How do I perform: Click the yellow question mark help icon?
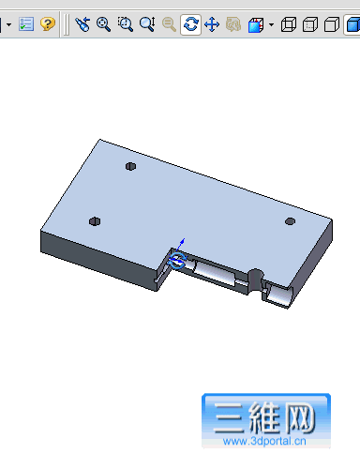coord(48,23)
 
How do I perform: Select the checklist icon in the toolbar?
coord(26,24)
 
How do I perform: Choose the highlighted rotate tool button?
coord(190,24)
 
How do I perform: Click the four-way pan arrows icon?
coord(212,24)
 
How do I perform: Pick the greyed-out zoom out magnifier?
coord(169,24)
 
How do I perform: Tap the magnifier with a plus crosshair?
coord(103,24)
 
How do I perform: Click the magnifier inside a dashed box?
coord(126,24)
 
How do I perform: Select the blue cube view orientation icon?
coord(256,25)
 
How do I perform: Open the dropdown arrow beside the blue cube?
coord(271,24)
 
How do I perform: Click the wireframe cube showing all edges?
coord(289,24)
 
